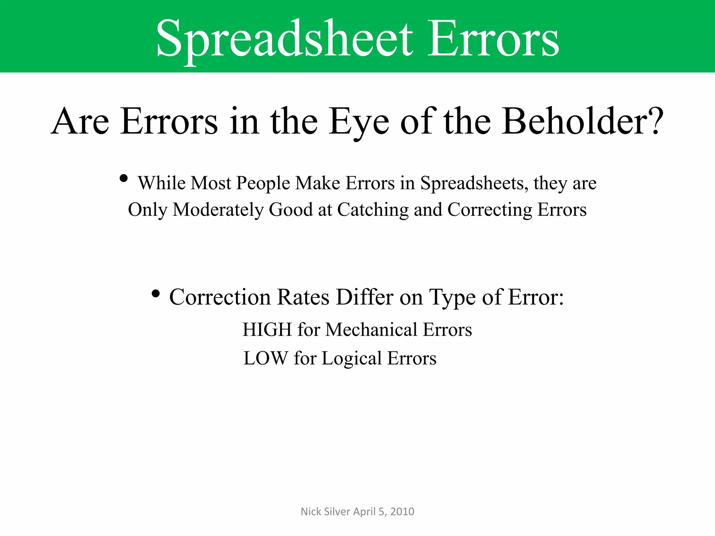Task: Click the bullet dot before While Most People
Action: pyautogui.click(x=123, y=179)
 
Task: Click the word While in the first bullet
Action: pyautogui.click(x=161, y=183)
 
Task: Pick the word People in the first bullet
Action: pyautogui.click(x=263, y=184)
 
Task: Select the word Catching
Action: pyautogui.click(x=373, y=210)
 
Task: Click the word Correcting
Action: pyautogui.click(x=489, y=210)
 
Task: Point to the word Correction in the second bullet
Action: pyautogui.click(x=220, y=297)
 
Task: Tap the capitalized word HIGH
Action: pyautogui.click(x=267, y=330)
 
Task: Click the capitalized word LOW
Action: pyautogui.click(x=266, y=358)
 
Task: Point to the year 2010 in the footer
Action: pyautogui.click(x=402, y=512)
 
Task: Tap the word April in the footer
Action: pyautogui.click(x=364, y=512)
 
